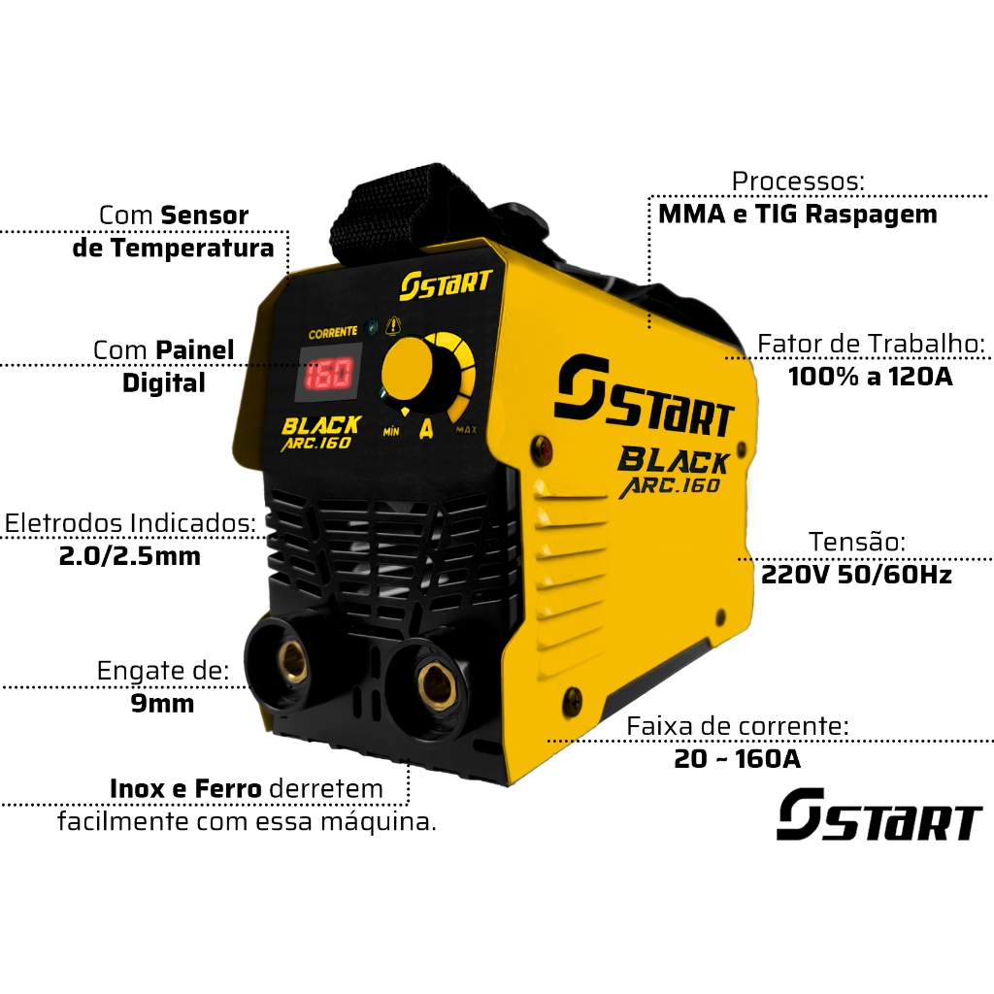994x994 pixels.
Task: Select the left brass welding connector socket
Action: point(288,659)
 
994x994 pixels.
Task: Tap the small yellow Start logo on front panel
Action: point(446,283)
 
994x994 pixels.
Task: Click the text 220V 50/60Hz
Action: point(856,575)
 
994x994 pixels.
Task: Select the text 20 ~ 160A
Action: point(737,759)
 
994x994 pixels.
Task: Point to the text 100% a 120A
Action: point(870,377)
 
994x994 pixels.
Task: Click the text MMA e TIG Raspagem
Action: point(797,215)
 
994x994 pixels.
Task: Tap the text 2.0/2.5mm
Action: point(129,556)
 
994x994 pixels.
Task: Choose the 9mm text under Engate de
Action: point(162,703)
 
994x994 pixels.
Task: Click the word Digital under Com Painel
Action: point(163,382)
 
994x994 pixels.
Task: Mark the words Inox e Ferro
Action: point(185,788)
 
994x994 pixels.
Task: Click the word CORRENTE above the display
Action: point(332,332)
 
